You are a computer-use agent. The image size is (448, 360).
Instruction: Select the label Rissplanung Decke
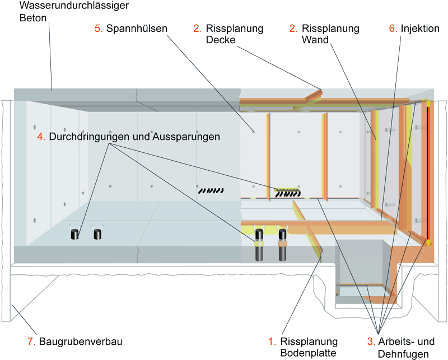(235, 34)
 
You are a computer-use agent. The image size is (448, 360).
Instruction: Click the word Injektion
(420, 28)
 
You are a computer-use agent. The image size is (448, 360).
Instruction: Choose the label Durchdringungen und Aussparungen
(134, 136)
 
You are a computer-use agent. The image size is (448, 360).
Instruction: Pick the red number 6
(392, 28)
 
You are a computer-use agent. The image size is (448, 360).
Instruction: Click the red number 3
(371, 341)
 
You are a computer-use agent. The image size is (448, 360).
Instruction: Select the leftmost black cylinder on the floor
(74, 235)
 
